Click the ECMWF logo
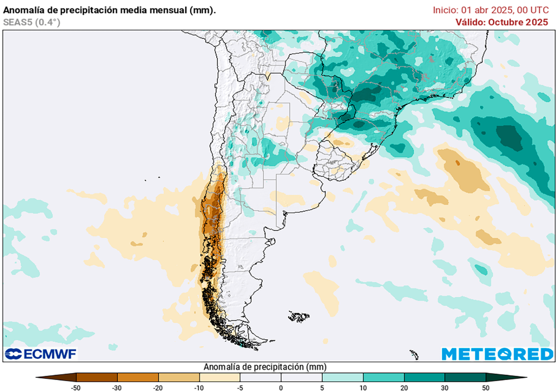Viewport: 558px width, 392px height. point(41,354)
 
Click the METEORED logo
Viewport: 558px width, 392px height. point(497,354)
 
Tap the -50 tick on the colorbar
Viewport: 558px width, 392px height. point(76,387)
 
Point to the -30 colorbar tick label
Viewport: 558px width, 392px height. point(117,387)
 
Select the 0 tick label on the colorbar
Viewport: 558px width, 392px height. point(281,387)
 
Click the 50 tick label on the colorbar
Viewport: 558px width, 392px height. point(486,387)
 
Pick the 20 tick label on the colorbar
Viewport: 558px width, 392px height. point(404,387)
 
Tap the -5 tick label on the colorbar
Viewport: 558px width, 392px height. point(240,387)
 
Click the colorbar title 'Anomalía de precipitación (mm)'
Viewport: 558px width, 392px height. point(265,367)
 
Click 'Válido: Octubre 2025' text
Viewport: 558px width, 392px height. point(501,22)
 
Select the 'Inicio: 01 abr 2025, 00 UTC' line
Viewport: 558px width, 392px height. point(490,10)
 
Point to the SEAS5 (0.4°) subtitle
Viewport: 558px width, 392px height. point(32,22)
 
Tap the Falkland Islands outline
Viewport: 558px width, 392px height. point(299,316)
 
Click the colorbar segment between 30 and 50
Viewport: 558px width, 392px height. point(465,377)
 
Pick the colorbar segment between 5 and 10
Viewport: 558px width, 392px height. point(342,377)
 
